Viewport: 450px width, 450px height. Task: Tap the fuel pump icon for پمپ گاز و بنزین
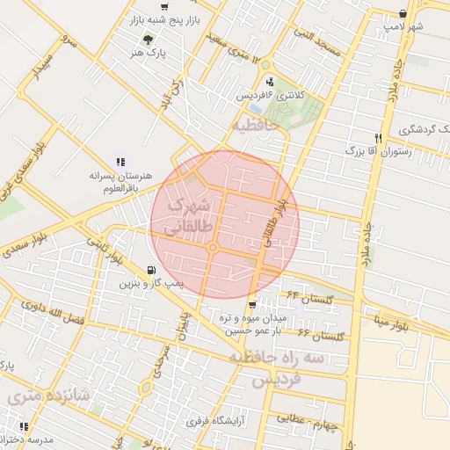[x=154, y=270]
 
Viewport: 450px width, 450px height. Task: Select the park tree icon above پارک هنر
[x=148, y=39]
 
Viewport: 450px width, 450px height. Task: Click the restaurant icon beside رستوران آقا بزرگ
[x=378, y=138]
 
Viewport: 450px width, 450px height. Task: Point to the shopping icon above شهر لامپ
[x=403, y=14]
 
